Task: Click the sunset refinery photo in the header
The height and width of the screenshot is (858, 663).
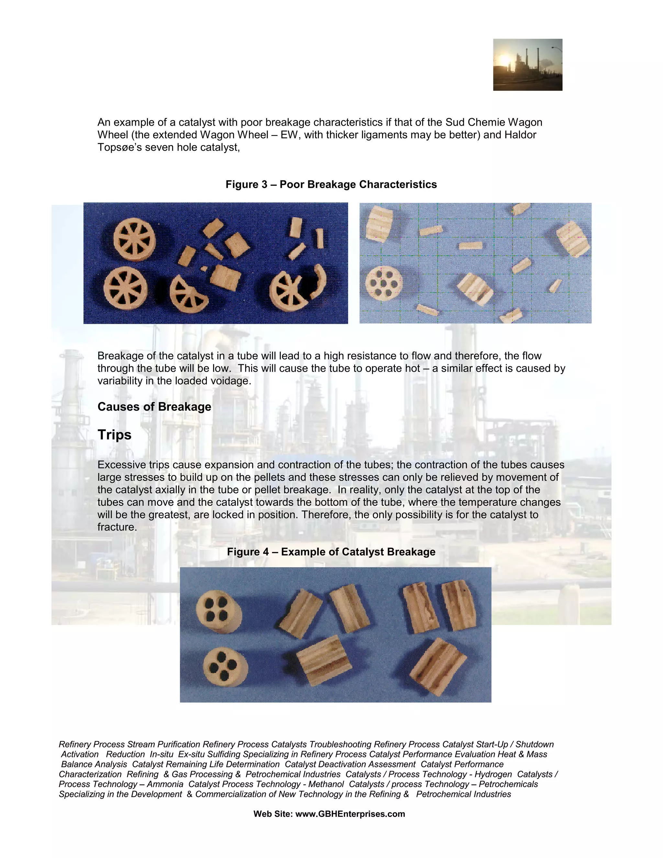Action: [x=527, y=65]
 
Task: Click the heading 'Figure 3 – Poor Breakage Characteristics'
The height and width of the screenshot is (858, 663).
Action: [x=331, y=184]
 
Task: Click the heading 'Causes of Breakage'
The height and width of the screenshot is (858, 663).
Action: [x=154, y=407]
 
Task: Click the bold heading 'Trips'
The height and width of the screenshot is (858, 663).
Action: [x=114, y=435]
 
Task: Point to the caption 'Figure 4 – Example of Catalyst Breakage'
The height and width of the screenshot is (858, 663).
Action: [x=331, y=552]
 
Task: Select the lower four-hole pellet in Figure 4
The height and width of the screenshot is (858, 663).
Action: [x=225, y=667]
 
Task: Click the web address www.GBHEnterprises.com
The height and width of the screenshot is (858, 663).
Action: [x=350, y=814]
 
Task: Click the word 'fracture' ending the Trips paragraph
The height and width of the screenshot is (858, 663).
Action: [x=116, y=527]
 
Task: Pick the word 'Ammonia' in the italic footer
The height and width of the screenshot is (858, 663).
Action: [x=165, y=784]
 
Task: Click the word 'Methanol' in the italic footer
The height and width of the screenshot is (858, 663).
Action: [x=326, y=784]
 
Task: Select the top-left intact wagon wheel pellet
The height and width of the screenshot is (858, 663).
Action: [x=134, y=240]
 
